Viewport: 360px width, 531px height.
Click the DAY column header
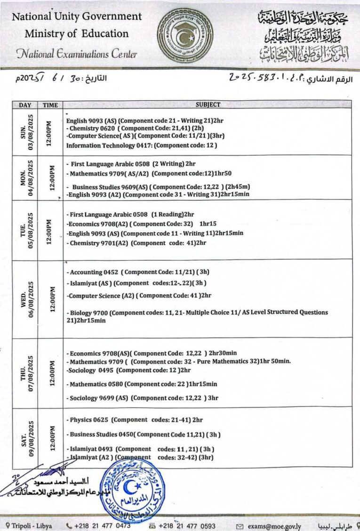(x=25, y=105)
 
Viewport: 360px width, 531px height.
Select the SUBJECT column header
(x=208, y=105)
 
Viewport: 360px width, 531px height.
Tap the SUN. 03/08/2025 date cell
(x=25, y=132)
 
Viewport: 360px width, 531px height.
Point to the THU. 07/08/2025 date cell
(x=25, y=372)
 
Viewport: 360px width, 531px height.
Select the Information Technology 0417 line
(x=142, y=145)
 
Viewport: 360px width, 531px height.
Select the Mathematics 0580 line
(x=142, y=384)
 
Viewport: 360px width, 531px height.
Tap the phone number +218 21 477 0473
(x=101, y=526)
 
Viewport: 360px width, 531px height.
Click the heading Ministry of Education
(x=77, y=34)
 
